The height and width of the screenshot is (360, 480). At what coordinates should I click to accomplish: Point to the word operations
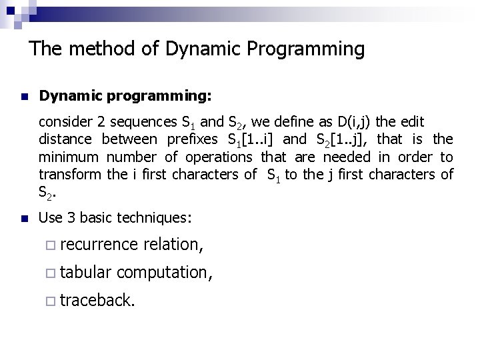pos(216,157)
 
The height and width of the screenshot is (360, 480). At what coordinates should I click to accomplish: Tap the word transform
pos(70,175)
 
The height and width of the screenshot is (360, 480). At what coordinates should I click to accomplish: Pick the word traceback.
pos(98,301)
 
